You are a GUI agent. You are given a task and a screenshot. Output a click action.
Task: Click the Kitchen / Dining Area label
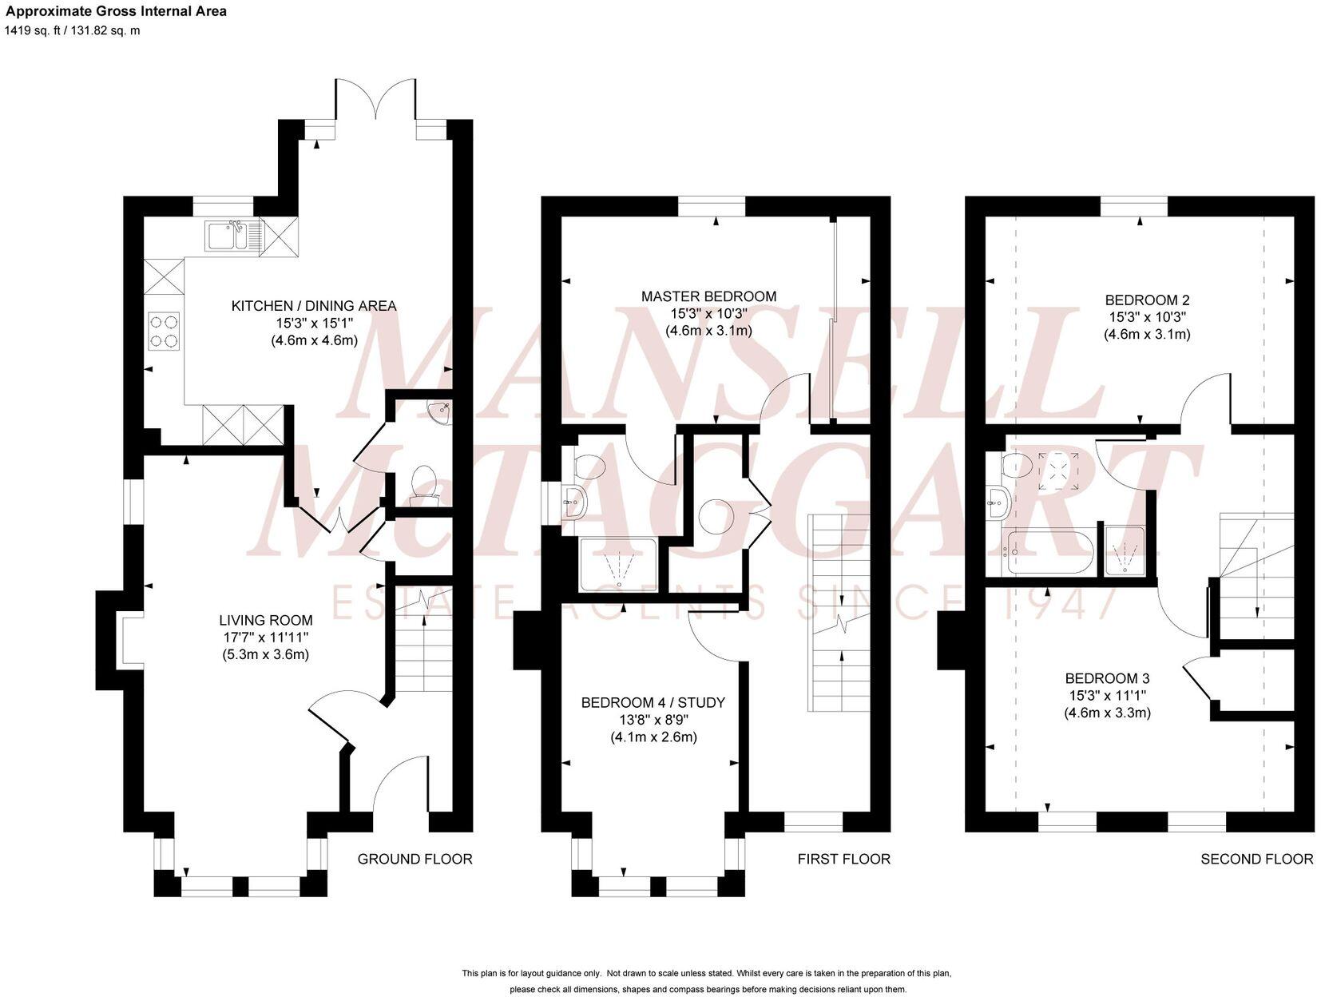click(313, 306)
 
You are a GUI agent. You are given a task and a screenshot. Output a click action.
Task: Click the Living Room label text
click(265, 621)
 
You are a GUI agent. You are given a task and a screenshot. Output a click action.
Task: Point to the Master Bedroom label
click(708, 296)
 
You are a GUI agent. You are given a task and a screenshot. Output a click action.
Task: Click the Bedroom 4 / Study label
click(653, 703)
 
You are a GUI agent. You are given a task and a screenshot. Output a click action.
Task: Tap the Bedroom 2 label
click(1147, 300)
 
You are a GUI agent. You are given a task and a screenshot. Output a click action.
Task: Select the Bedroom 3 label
click(1106, 678)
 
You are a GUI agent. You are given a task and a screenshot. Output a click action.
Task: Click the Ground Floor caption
click(415, 859)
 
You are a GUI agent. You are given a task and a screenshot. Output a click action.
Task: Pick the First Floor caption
click(843, 859)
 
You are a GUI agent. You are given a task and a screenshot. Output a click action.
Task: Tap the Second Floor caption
click(1256, 859)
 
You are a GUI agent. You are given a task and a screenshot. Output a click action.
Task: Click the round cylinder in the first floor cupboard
click(716, 516)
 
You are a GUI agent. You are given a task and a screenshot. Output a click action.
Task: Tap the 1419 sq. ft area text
click(72, 30)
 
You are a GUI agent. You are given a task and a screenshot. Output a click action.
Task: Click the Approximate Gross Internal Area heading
click(116, 11)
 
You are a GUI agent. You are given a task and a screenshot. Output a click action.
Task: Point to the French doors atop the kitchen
click(375, 104)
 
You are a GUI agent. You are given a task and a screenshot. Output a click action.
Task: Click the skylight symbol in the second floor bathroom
click(1058, 471)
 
